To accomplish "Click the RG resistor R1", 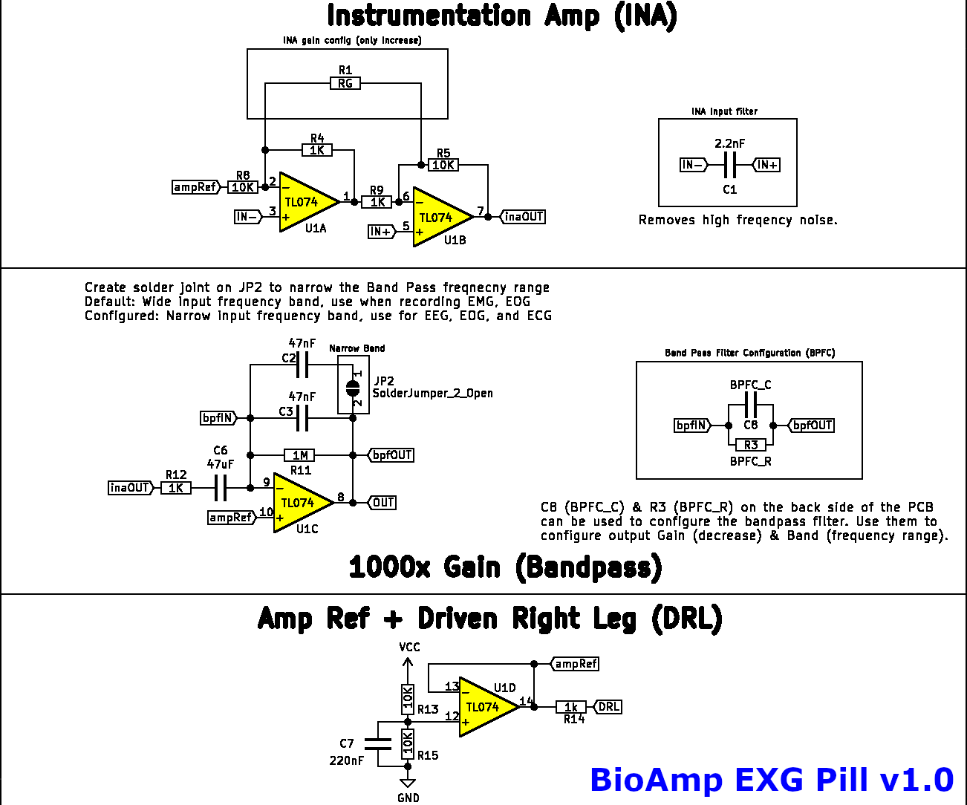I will click(345, 83).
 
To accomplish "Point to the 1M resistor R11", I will click(300, 455).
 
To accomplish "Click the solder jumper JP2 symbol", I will click(353, 387).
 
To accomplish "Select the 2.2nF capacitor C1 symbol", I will click(730, 165).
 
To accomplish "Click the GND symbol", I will click(408, 784).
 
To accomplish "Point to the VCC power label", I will click(409, 648).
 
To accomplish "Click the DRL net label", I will click(608, 707).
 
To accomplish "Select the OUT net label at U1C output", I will click(382, 503).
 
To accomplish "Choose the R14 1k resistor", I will click(571, 707).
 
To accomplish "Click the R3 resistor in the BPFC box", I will click(751, 445).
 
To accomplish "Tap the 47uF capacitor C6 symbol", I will click(220, 488).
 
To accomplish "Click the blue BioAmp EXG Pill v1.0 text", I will click(771, 780).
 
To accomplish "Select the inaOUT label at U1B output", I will click(524, 217).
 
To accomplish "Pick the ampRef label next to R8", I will click(196, 187).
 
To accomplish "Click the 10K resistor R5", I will click(443, 165).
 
